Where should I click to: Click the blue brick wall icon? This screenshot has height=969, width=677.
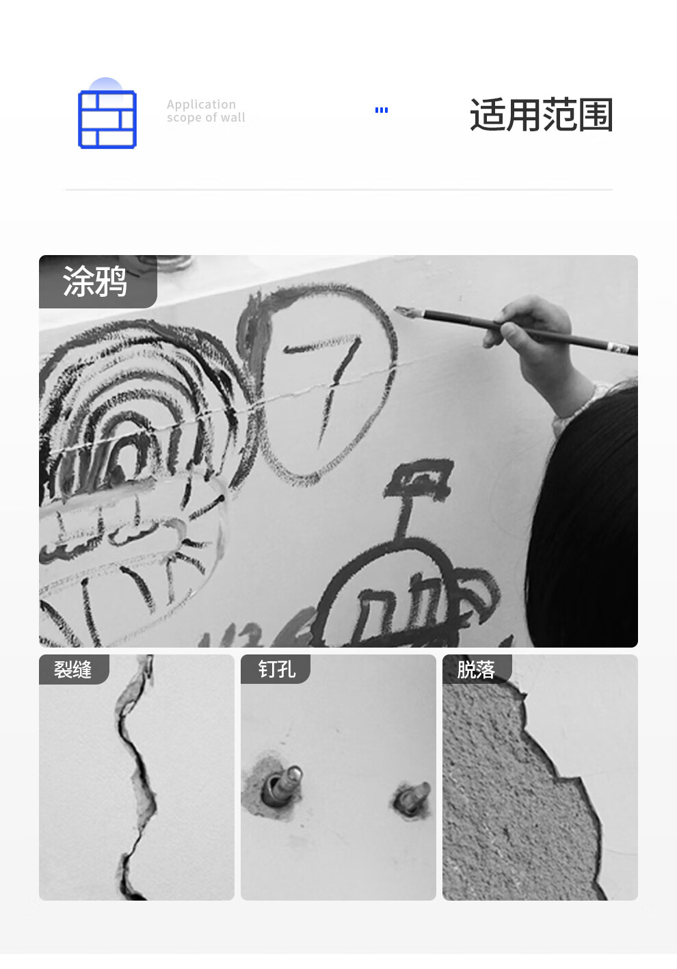point(107,119)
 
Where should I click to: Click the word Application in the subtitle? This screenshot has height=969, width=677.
point(201,105)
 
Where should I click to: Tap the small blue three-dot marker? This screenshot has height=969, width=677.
point(381,110)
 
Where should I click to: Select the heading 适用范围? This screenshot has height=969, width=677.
point(541,115)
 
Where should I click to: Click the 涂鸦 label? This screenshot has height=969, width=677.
point(95,281)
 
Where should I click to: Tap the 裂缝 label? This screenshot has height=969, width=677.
point(72,669)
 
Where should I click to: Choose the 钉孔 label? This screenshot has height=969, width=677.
point(277,669)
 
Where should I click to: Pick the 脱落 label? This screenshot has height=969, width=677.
point(476,669)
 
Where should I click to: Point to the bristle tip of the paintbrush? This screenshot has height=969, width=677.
point(407,311)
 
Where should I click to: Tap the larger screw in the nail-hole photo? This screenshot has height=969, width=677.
point(283,784)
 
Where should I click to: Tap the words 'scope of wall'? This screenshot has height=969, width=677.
point(206,118)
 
